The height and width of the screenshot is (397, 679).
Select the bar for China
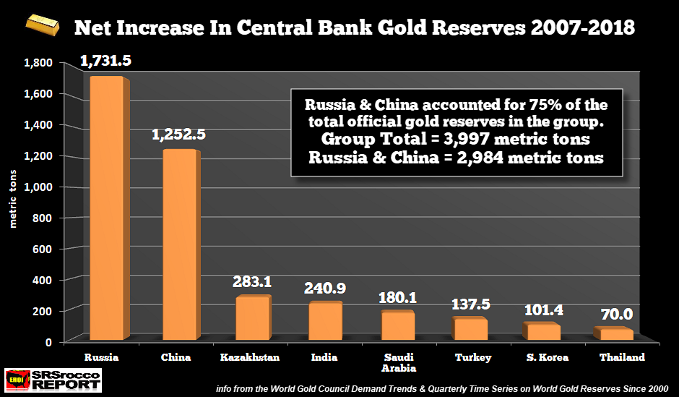(178, 246)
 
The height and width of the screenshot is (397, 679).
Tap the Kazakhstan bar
(251, 319)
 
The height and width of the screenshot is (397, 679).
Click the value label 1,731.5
(105, 62)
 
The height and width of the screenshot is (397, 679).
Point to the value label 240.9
(324, 288)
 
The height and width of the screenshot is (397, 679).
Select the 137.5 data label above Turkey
(470, 304)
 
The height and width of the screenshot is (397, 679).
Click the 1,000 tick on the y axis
(40, 187)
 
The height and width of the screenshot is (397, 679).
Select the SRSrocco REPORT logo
(53, 380)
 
